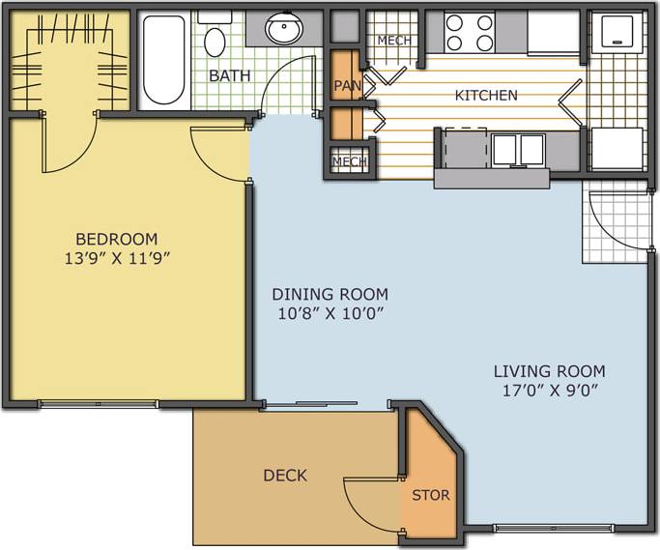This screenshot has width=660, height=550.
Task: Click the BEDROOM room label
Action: click(116, 239)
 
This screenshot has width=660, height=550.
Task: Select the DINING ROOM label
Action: click(330, 294)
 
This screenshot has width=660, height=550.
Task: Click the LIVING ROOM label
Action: click(549, 371)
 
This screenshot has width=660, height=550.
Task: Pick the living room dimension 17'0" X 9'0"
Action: click(549, 391)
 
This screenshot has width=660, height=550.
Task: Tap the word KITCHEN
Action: click(486, 95)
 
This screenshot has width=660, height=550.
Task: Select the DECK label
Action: click(285, 475)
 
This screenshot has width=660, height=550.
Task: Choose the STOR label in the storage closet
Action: click(431, 496)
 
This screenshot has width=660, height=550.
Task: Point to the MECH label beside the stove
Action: click(393, 40)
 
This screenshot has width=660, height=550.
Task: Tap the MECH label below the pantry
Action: click(348, 161)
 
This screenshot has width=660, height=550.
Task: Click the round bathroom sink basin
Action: click(284, 29)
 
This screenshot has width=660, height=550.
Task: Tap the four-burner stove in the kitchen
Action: click(471, 32)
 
